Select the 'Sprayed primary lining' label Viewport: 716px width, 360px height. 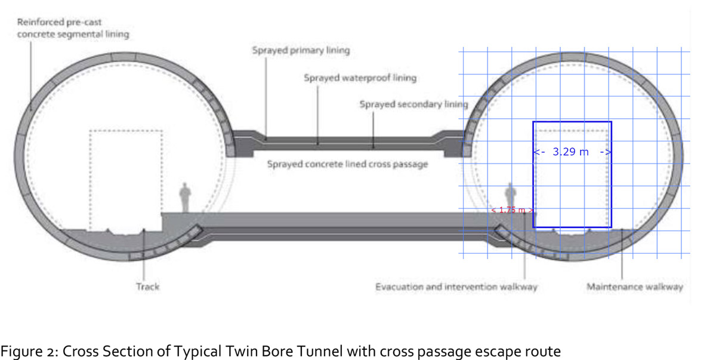coord(301,50)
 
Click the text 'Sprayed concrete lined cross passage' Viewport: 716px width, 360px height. coord(347,164)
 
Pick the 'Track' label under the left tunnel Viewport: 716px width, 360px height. coord(147,287)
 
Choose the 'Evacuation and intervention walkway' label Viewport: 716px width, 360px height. coord(456,287)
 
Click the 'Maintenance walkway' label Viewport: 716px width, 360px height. coord(634,287)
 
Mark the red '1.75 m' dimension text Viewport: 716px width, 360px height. coord(511,210)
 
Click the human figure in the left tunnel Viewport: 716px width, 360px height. coord(185,197)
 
